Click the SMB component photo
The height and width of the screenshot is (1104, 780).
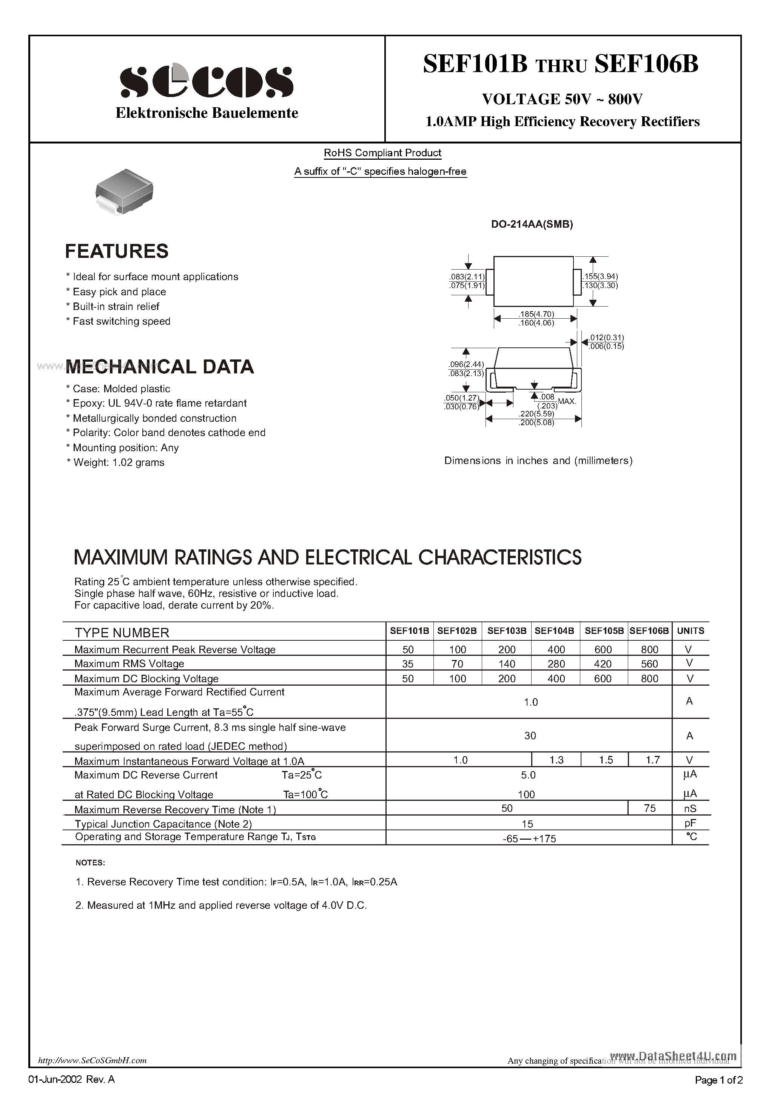tap(125, 191)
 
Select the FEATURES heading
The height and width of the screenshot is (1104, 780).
tap(117, 251)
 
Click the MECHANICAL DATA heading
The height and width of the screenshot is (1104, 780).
tap(159, 367)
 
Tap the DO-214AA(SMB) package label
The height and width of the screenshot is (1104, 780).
tap(532, 224)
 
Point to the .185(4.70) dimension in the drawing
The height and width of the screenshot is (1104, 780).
tap(536, 314)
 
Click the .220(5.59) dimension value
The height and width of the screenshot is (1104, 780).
tap(536, 413)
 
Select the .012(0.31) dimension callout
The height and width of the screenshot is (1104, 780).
tap(606, 338)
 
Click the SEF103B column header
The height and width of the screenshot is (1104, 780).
tap(507, 631)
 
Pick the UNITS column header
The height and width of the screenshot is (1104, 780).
tap(691, 631)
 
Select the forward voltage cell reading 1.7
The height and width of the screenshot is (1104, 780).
tap(652, 760)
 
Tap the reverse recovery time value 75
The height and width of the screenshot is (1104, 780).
tap(650, 808)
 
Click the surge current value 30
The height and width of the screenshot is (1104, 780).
tap(530, 735)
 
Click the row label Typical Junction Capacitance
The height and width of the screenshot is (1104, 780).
tap(163, 824)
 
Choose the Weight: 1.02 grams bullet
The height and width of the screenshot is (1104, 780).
tap(118, 463)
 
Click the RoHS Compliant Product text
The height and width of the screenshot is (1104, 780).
tap(382, 153)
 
